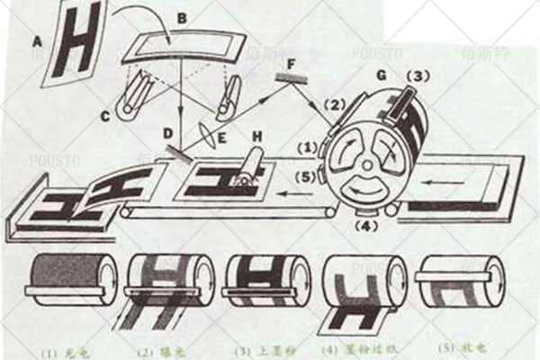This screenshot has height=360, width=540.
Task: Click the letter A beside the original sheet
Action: click(37, 41)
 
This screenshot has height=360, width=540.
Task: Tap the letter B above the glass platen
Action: click(182, 17)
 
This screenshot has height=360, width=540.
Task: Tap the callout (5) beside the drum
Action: click(304, 176)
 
